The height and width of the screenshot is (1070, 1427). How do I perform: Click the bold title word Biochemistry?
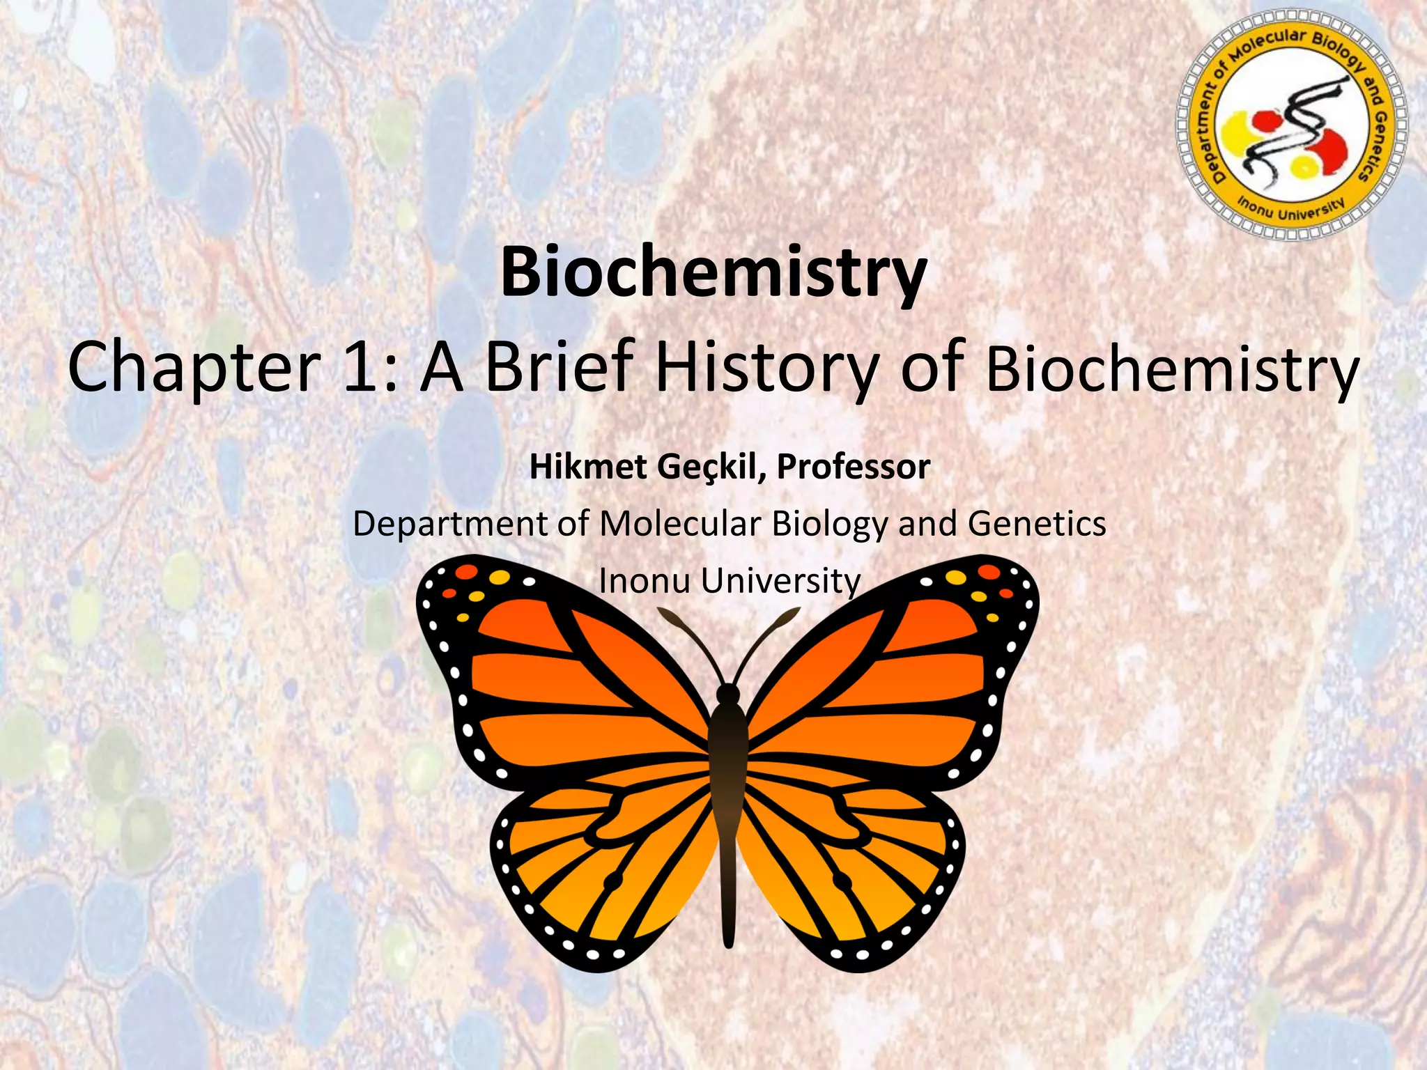713,273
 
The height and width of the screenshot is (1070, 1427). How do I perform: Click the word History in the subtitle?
767,368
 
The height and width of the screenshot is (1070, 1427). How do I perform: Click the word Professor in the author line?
854,467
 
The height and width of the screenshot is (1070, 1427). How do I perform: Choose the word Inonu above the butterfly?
645,581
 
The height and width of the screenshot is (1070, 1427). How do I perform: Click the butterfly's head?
728,694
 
